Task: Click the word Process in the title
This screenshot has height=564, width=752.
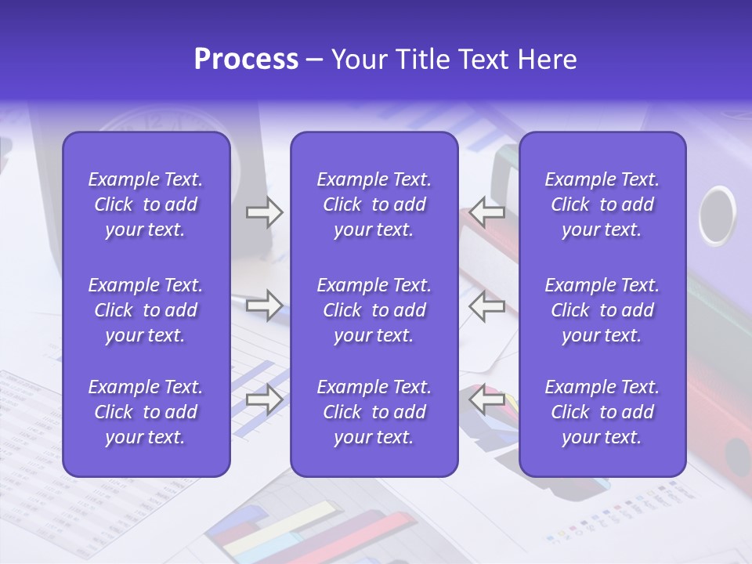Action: (246, 60)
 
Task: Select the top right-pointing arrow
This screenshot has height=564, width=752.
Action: (264, 212)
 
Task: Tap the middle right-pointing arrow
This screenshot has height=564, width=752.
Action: (264, 305)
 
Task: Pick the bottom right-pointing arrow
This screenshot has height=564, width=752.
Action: (264, 399)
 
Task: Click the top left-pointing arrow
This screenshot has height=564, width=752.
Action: (487, 212)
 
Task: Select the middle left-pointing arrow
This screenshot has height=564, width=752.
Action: (487, 305)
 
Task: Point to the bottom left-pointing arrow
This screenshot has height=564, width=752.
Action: (487, 399)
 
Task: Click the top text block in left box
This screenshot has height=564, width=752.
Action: (146, 204)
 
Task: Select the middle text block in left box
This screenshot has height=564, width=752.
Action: (146, 310)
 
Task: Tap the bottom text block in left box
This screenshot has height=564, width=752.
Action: (146, 412)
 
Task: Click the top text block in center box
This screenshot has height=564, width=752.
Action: (374, 204)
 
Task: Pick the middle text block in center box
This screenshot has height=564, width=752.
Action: (374, 310)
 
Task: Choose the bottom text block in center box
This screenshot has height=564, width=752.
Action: (374, 412)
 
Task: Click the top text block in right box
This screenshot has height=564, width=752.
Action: (602, 204)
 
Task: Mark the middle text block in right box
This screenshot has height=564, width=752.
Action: (602, 310)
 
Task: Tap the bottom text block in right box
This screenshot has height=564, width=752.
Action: (602, 412)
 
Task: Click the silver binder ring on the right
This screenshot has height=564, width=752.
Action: (717, 215)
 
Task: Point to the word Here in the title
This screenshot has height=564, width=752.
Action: (547, 60)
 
